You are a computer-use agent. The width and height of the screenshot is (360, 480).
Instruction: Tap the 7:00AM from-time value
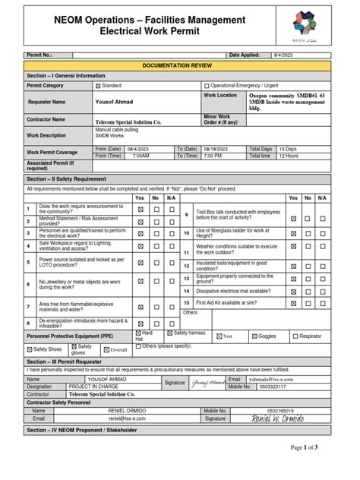[x=141, y=156]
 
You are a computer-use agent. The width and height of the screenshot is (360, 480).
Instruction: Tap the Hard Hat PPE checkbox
[x=138, y=333]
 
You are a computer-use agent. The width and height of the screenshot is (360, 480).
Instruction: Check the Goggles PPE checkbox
[x=254, y=335]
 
